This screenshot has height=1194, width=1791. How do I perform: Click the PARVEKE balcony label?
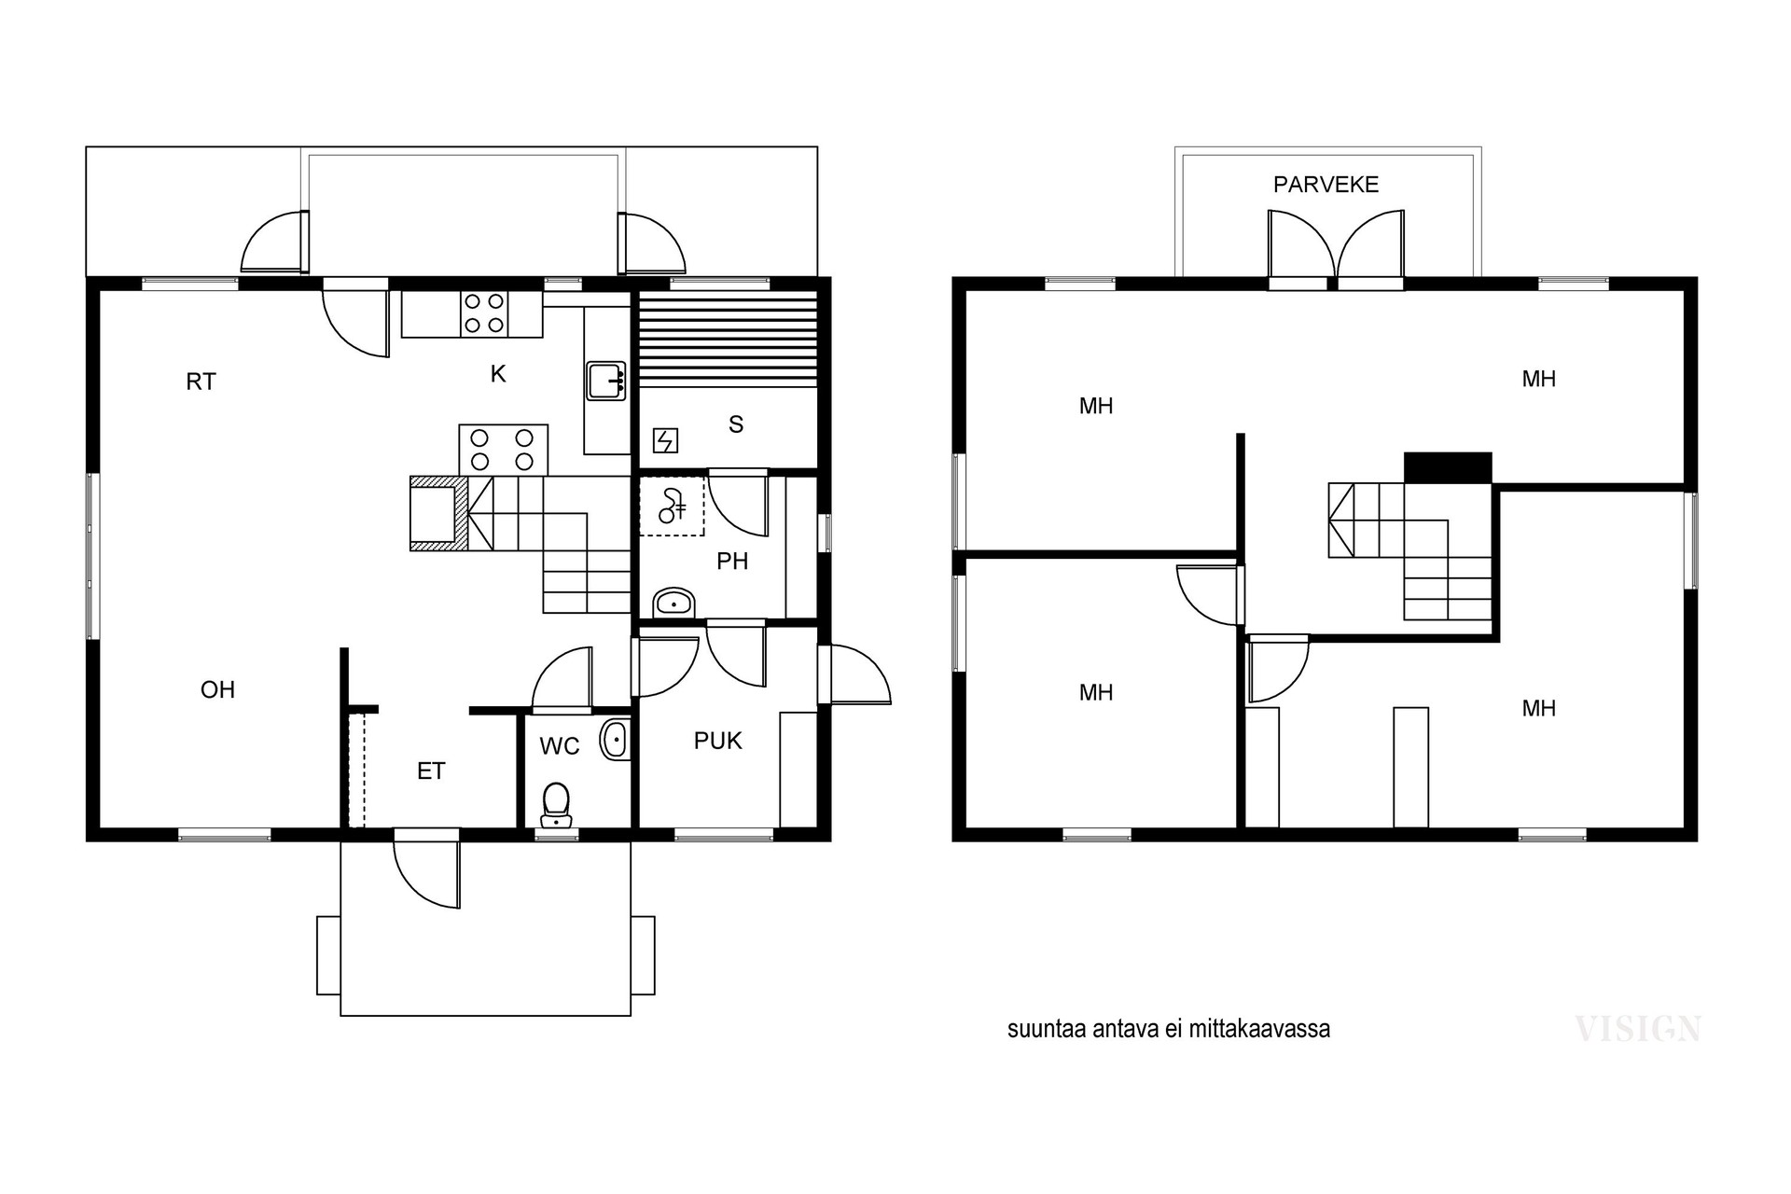click(1326, 185)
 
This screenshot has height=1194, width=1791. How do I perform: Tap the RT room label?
click(201, 382)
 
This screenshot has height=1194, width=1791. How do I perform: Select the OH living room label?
click(217, 689)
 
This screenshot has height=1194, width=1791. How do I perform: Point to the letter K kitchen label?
click(498, 374)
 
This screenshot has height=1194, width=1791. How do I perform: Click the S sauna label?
click(736, 424)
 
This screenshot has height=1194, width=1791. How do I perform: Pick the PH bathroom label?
click(732, 561)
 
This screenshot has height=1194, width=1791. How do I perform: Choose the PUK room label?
click(718, 741)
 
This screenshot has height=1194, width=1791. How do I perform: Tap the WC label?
click(560, 746)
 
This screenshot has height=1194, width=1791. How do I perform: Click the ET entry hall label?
click(431, 771)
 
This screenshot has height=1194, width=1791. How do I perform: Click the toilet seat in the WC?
click(556, 804)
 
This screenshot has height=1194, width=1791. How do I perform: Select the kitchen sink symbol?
click(606, 381)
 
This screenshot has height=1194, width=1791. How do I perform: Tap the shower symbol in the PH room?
click(672, 506)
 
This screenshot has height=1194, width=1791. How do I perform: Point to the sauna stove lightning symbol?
click(665, 440)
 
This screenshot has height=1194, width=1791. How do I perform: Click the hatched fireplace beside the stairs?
click(439, 514)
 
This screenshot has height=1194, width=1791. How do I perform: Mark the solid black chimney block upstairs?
click(1448, 468)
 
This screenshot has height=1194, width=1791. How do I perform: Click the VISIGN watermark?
click(1638, 1029)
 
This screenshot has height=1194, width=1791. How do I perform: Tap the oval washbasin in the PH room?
click(673, 602)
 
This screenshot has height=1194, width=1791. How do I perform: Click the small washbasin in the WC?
click(616, 740)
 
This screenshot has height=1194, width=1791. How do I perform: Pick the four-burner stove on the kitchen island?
click(503, 450)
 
